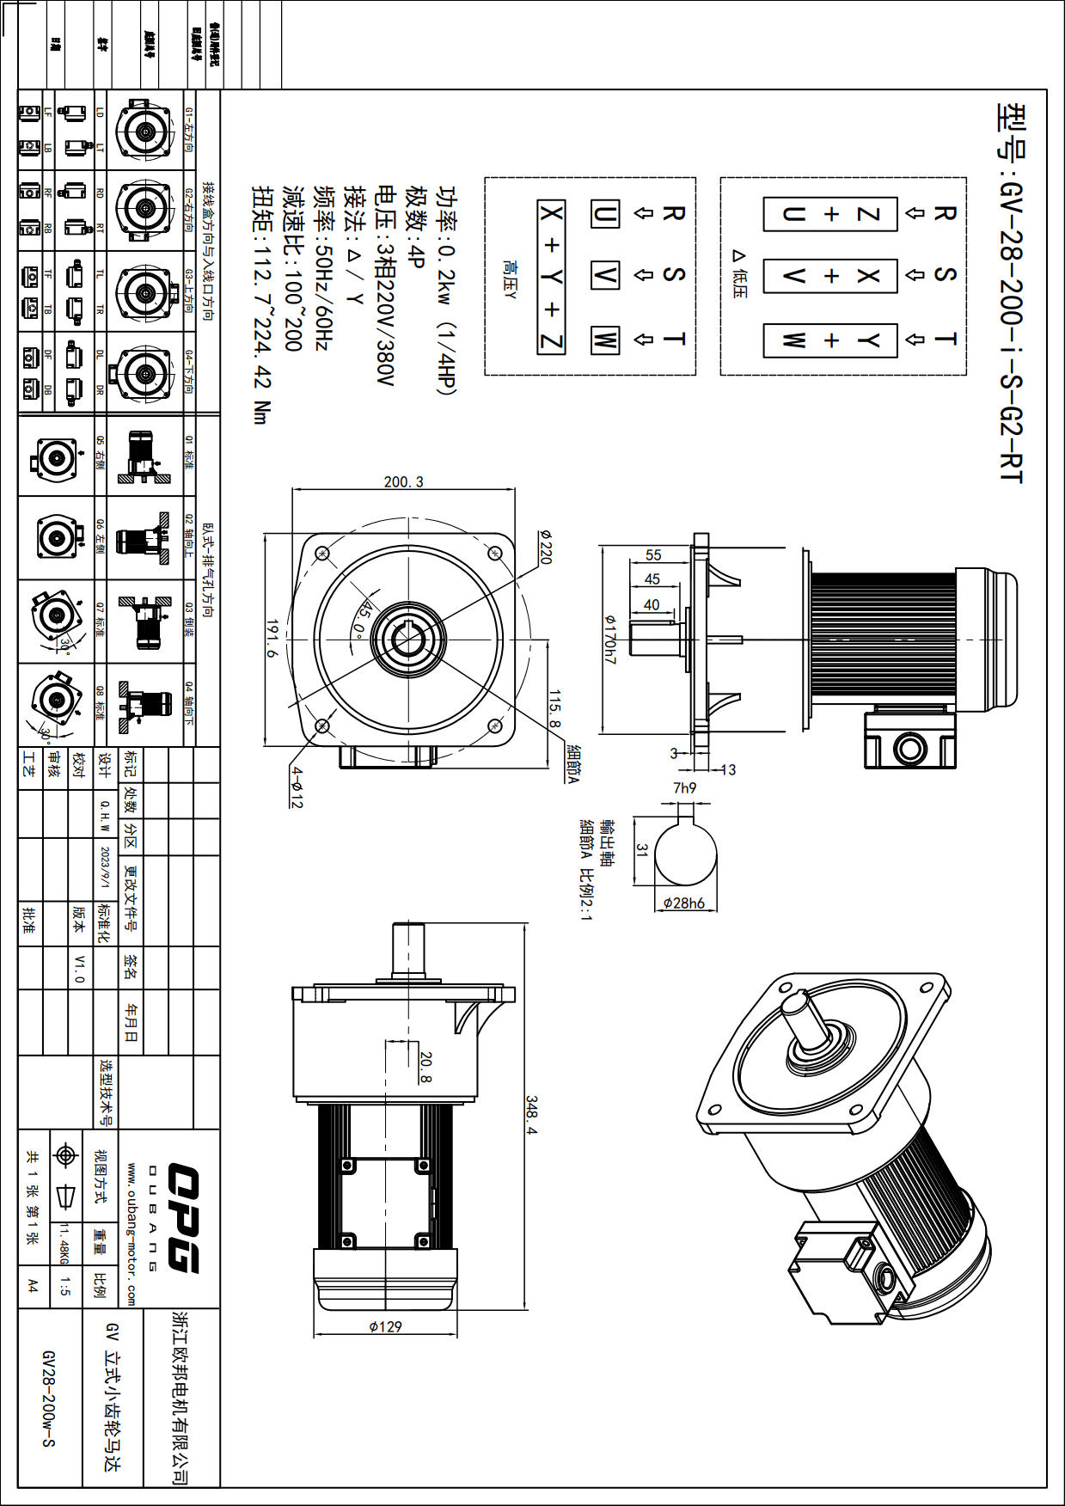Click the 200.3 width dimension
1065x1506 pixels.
403,481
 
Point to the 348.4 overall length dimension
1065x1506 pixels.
531,1114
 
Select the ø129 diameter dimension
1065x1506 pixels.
385,1326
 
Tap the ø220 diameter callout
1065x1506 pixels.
544,547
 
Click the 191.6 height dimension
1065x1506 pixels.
272,639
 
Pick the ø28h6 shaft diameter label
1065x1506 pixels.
684,903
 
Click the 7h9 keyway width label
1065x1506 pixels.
684,787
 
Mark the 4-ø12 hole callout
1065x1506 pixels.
297,787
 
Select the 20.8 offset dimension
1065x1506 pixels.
425,1066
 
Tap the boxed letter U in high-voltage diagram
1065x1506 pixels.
604,214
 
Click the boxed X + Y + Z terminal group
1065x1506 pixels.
551,277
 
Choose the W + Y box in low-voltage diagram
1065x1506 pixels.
830,340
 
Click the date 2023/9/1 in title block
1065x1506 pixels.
105,867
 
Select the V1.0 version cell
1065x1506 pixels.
79,968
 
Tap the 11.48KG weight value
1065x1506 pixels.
63,1244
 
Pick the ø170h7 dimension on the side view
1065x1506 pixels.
609,639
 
